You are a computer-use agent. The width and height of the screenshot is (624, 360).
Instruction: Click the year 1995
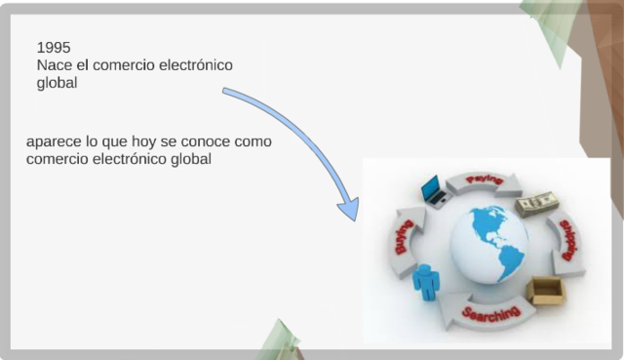tap(54, 48)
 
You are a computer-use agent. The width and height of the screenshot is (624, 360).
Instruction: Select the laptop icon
tap(433, 190)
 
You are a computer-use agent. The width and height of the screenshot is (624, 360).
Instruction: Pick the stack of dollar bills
tap(537, 202)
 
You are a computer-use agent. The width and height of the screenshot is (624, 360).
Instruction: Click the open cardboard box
tap(546, 290)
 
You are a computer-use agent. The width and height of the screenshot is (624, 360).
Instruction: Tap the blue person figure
tap(426, 283)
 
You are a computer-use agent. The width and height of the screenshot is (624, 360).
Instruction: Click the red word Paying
tap(485, 180)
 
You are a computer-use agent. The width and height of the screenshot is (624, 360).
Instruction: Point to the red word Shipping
tap(568, 240)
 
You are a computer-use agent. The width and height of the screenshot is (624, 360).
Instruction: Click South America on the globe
tap(506, 259)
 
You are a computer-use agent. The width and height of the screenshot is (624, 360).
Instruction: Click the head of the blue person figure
tap(425, 269)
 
